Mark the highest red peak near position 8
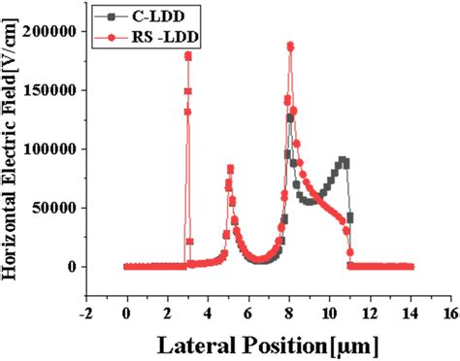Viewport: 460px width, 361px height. [x=290, y=46]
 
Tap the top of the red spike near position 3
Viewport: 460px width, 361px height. [x=188, y=55]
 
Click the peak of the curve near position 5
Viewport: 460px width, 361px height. [x=230, y=168]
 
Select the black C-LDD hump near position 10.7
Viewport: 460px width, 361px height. [x=343, y=161]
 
